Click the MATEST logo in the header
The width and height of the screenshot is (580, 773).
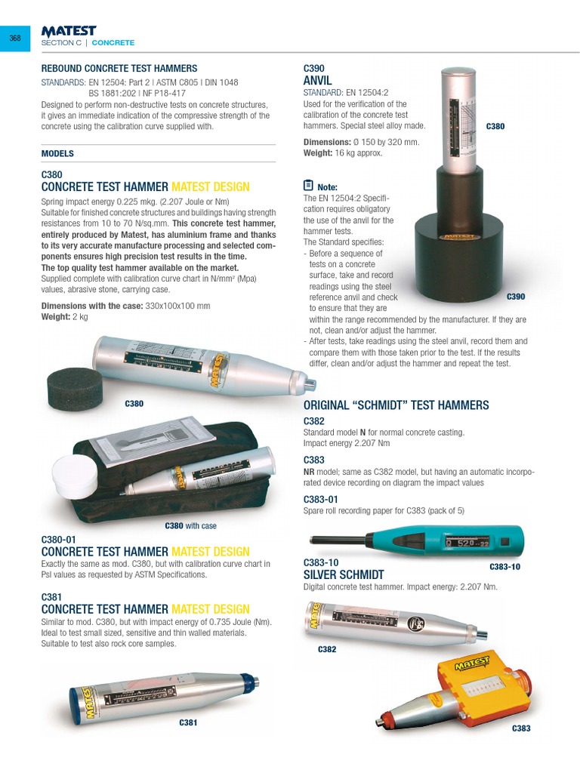(69, 31)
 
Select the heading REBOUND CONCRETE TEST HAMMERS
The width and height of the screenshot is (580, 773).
(119, 68)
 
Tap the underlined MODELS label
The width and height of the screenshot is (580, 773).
(57, 153)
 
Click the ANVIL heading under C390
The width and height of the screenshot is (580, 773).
(317, 80)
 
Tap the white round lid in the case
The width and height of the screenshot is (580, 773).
(75, 478)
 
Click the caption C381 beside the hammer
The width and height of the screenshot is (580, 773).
(188, 722)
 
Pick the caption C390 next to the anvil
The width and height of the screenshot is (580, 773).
(515, 297)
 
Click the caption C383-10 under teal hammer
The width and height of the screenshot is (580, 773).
(504, 566)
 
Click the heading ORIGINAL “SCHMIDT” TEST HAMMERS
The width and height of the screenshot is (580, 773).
(396, 405)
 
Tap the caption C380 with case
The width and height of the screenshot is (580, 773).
(190, 525)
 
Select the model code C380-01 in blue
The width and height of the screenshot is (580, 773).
(59, 540)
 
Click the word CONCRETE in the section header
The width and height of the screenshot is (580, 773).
(113, 43)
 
